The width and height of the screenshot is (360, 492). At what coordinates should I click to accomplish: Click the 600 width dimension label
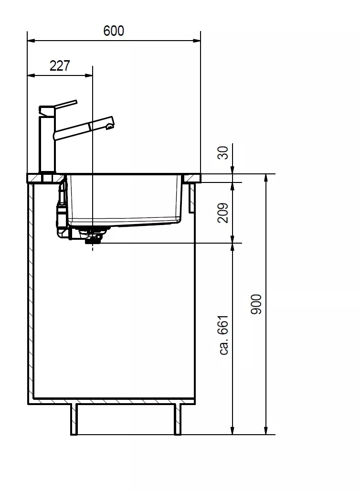[x=114, y=31]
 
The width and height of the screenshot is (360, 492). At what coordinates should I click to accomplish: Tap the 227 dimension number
[x=60, y=66]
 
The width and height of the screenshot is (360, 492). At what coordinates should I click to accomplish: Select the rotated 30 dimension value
[x=223, y=153]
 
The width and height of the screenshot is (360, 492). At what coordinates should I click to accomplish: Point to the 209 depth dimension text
[x=223, y=213]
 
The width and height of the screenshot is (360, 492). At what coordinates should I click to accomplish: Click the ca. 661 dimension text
[x=224, y=335]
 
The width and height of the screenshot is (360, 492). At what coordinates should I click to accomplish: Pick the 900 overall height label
[x=256, y=304]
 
